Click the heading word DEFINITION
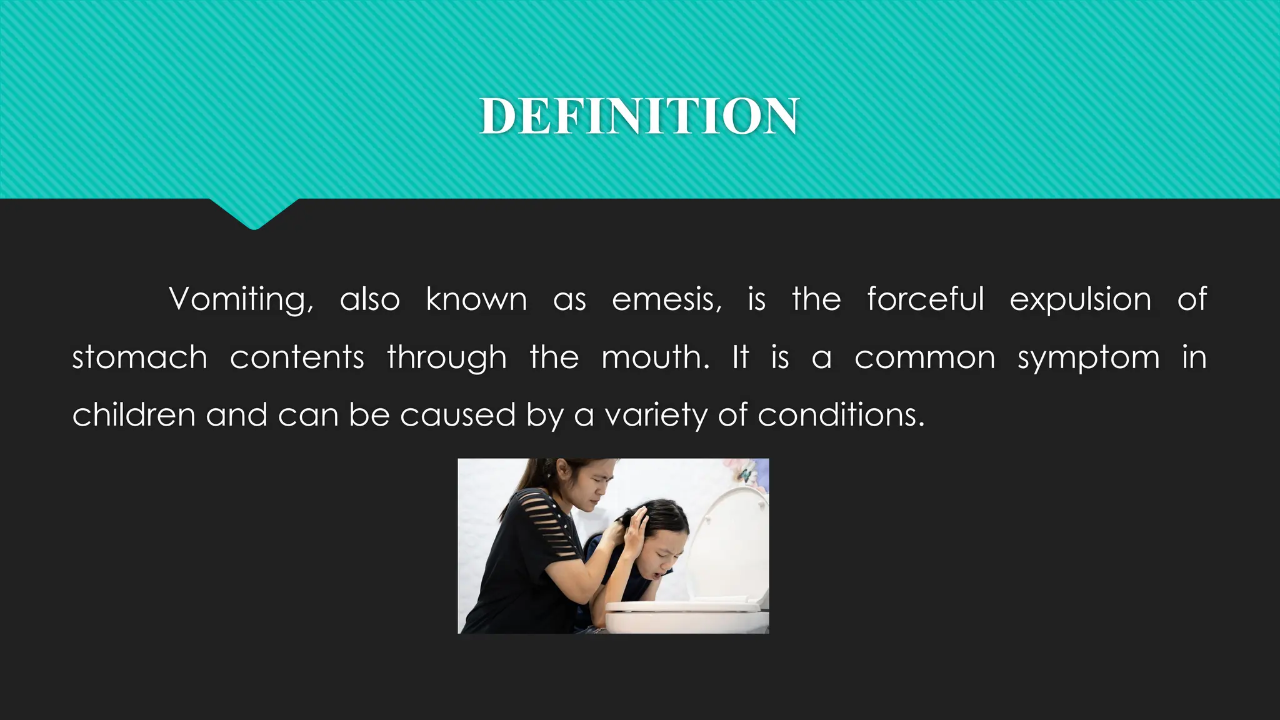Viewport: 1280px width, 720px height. [x=639, y=116]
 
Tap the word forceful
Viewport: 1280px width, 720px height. [x=925, y=299]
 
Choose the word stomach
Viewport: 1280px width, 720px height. [x=140, y=358]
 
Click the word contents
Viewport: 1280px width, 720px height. [x=297, y=358]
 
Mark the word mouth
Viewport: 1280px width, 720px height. [x=655, y=358]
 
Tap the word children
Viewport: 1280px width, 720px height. [x=134, y=415]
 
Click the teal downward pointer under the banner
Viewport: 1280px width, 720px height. [x=254, y=214]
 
